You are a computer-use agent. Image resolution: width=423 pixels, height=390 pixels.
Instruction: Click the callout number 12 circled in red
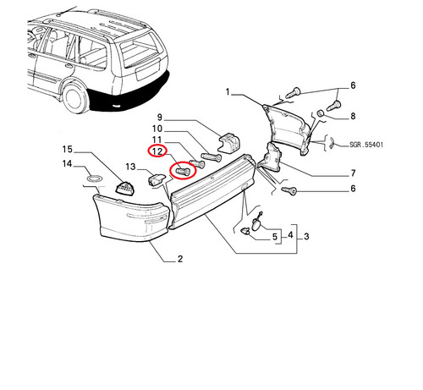(x=157, y=151)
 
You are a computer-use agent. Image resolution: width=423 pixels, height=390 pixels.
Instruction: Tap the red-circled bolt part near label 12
(x=183, y=171)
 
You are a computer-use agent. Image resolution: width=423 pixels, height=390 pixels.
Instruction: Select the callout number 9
(x=160, y=117)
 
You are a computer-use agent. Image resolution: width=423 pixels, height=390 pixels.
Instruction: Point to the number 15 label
(x=68, y=149)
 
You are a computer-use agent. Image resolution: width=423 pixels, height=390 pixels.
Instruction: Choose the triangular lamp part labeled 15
(x=124, y=188)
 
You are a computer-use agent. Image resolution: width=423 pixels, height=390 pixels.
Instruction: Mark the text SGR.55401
(x=366, y=145)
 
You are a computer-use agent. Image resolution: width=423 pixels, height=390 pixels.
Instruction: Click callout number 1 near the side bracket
(x=228, y=92)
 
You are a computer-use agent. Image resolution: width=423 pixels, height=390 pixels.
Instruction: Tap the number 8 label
(x=353, y=116)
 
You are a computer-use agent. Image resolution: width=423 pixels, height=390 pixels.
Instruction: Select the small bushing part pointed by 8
(x=320, y=113)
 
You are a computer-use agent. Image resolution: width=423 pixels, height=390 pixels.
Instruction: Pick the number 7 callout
(x=353, y=173)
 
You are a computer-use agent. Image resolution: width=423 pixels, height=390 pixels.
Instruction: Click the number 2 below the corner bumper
(x=180, y=259)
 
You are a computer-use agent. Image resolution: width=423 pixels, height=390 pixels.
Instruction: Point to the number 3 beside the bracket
(x=306, y=236)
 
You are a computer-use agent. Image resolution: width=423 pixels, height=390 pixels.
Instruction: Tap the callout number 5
(x=275, y=237)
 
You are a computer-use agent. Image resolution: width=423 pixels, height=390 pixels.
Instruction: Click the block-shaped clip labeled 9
(x=229, y=143)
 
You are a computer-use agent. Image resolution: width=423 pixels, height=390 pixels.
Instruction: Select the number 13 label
(x=130, y=167)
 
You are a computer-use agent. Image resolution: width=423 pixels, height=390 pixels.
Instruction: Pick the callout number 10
(x=157, y=129)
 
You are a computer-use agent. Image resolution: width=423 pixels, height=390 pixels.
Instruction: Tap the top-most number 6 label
(x=353, y=85)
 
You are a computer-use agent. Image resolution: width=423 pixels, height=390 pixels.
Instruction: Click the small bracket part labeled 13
(x=156, y=179)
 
